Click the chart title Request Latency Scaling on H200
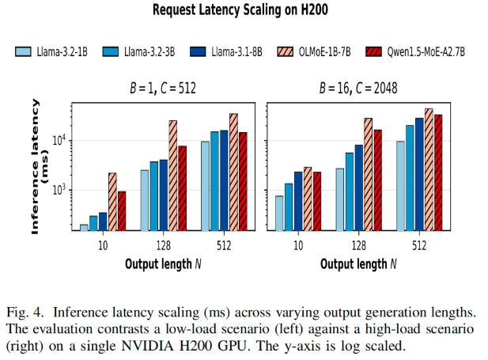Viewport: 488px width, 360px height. point(240,9)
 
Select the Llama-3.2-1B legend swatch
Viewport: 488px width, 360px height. point(23,51)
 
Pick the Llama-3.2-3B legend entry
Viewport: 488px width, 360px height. point(138,51)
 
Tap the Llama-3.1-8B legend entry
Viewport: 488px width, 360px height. point(226,51)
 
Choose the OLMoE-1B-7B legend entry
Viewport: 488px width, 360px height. point(314,51)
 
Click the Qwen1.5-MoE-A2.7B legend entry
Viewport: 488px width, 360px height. point(415,51)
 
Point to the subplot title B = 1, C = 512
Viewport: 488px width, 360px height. point(163,88)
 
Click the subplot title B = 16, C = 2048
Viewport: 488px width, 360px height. point(358,88)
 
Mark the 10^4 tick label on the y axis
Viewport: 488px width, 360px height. point(59,140)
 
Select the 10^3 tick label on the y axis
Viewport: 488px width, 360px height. point(59,189)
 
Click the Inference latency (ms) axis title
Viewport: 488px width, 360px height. point(40,167)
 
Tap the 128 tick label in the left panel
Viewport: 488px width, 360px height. point(164,246)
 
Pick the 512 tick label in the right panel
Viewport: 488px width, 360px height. point(419,246)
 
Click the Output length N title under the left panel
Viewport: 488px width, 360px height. point(163,264)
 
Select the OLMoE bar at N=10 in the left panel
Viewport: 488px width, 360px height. point(112,202)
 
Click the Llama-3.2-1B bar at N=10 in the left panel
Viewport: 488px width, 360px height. point(84,228)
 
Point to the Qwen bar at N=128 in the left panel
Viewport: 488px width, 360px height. point(183,188)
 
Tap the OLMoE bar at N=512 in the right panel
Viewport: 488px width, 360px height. point(429,170)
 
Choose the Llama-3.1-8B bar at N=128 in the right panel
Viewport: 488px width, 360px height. point(359,188)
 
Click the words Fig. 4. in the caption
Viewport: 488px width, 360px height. point(25,313)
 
